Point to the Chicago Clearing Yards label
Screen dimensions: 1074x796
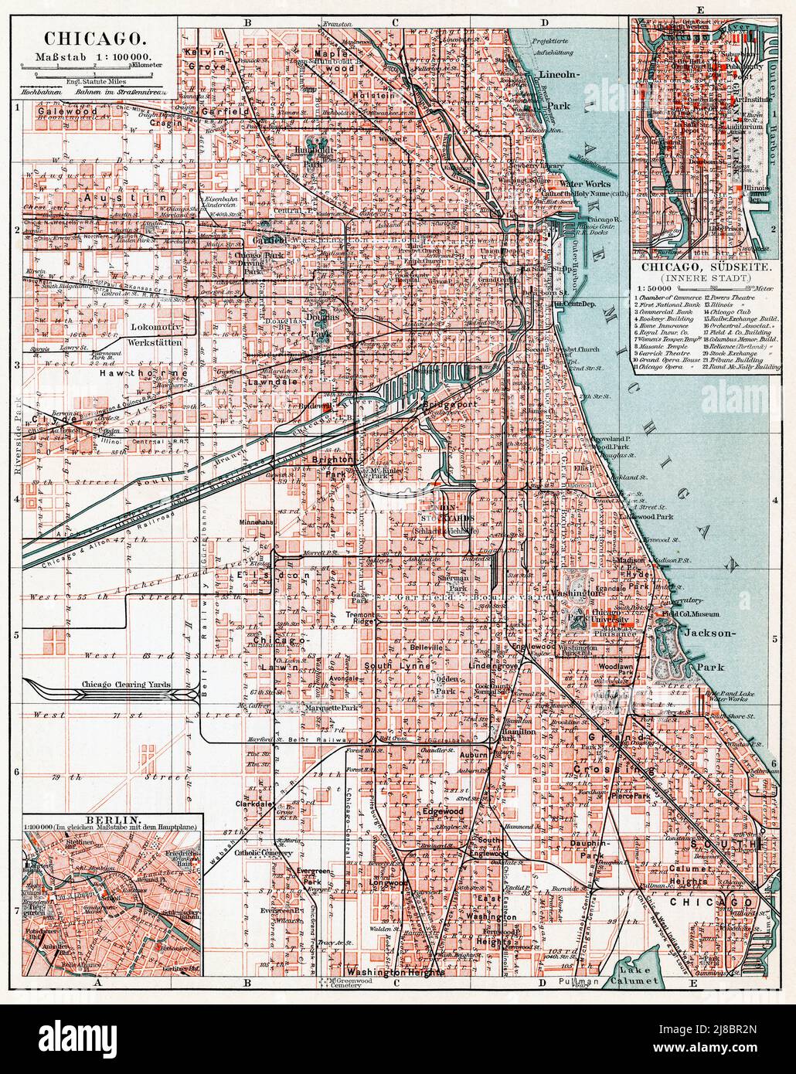point(125,685)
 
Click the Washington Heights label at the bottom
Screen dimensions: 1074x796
point(395,972)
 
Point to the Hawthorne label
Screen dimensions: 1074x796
point(145,373)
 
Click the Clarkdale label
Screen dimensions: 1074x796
point(257,804)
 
